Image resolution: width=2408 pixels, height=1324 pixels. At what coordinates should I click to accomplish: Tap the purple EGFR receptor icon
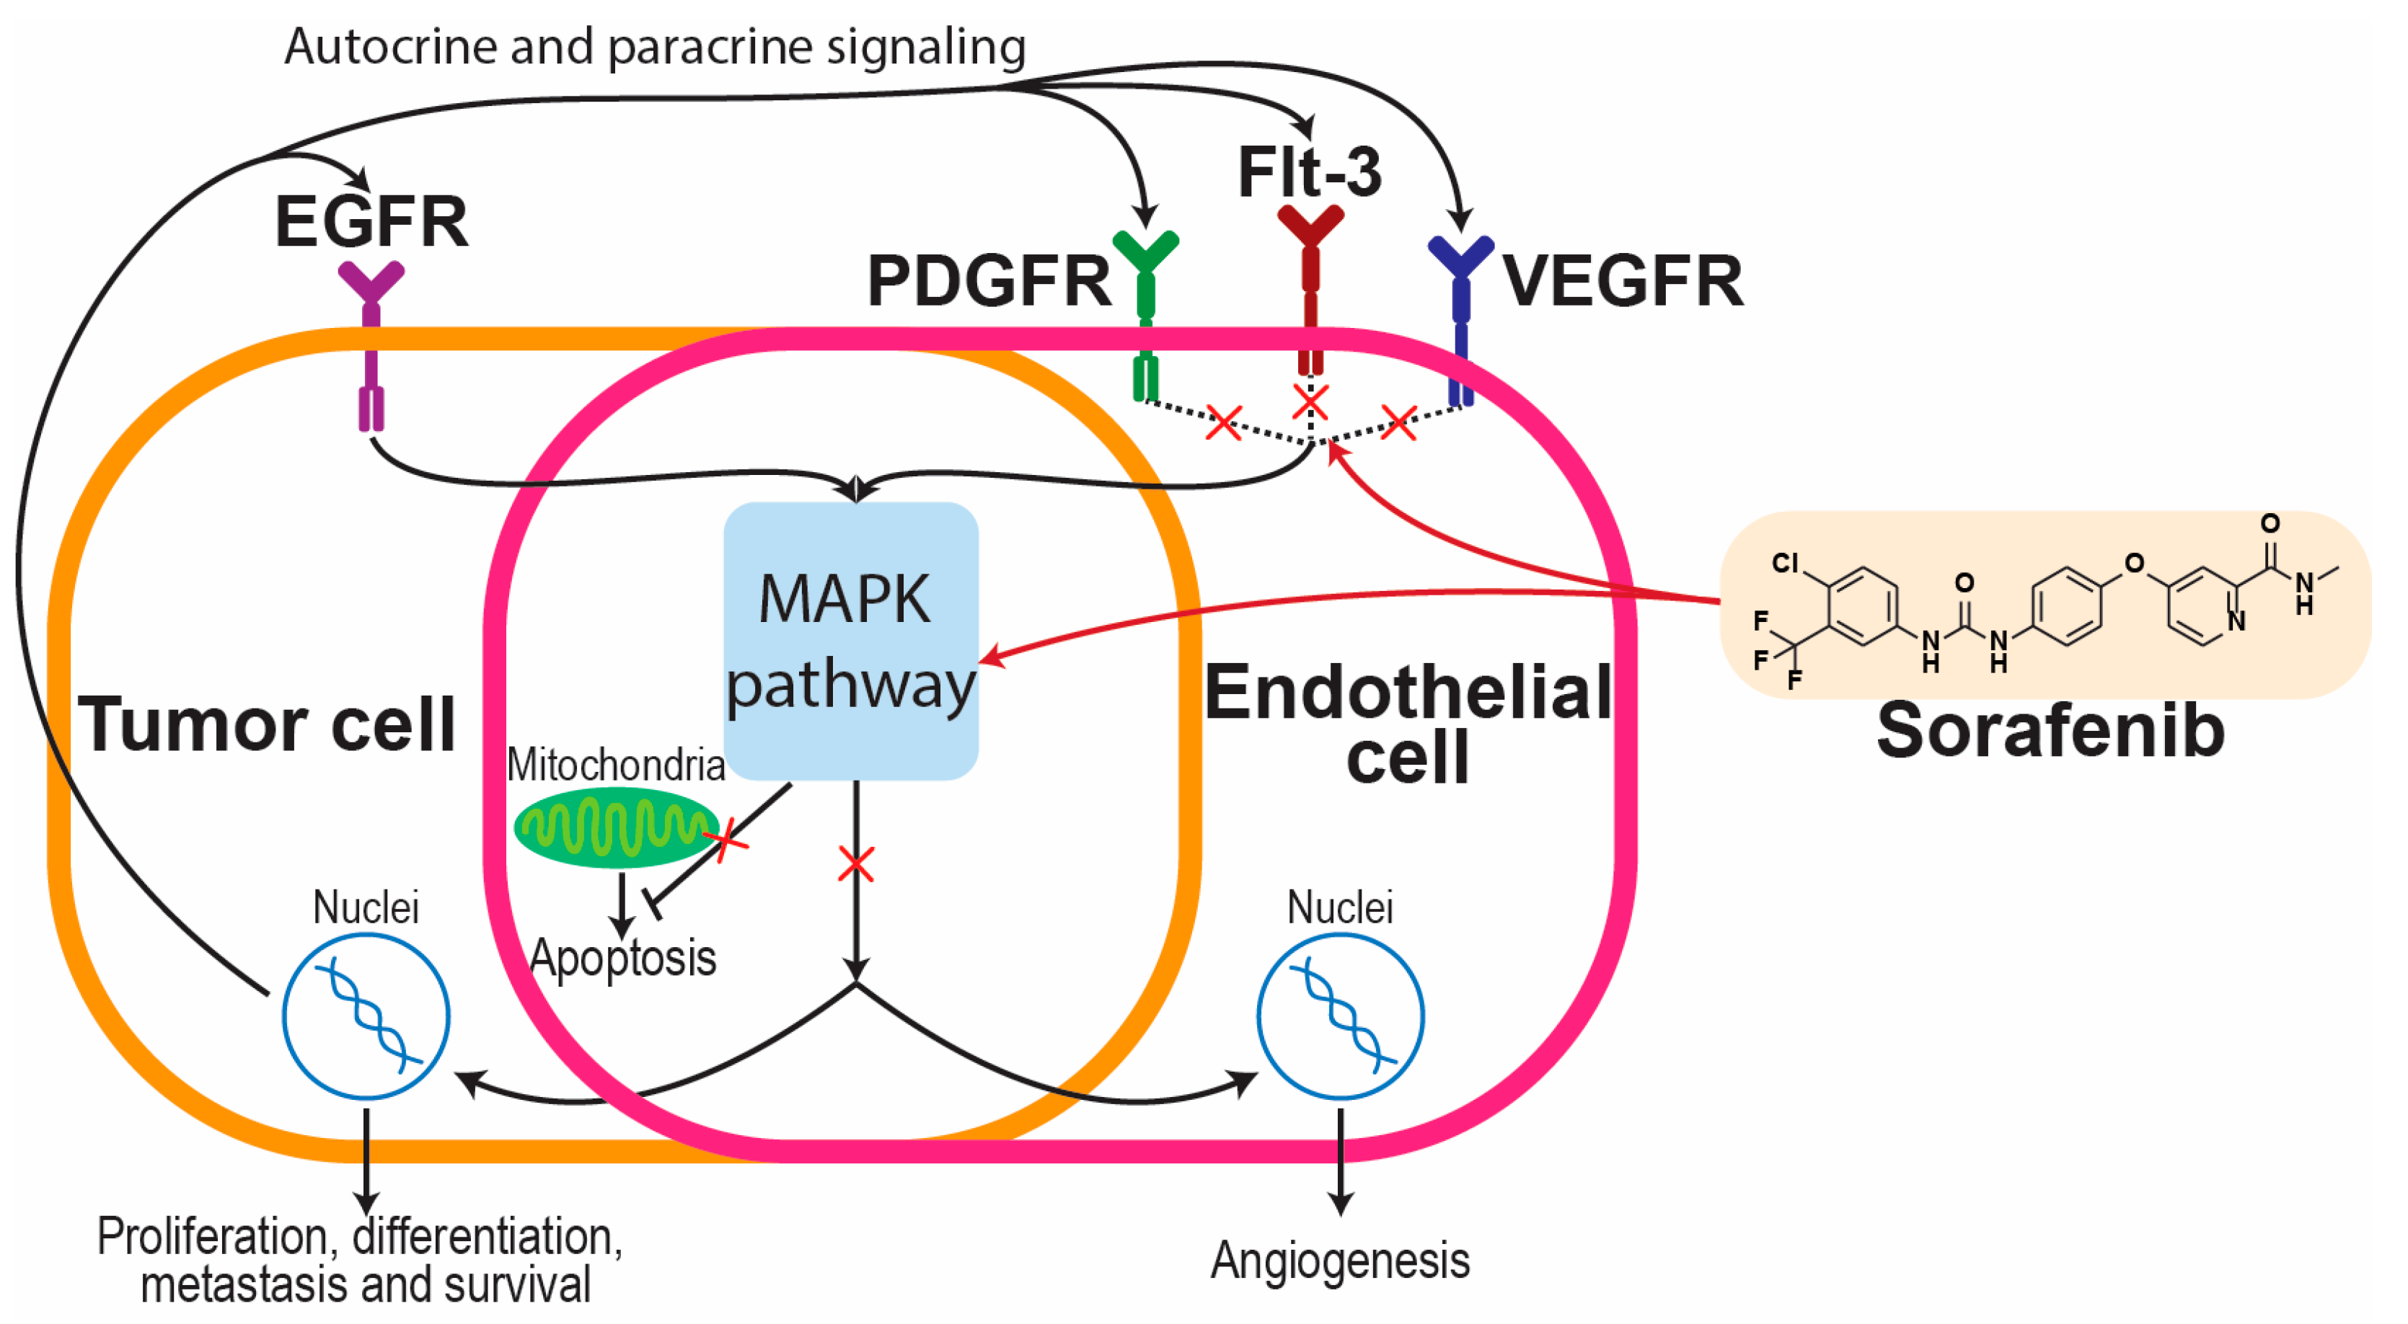371,346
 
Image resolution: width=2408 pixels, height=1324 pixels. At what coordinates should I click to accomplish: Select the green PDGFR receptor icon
1146,316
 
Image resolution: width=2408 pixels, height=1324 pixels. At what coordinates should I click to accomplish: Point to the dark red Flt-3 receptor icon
1310,290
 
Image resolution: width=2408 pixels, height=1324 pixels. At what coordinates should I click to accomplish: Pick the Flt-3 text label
1310,172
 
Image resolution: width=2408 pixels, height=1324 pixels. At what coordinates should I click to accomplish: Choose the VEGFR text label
1623,280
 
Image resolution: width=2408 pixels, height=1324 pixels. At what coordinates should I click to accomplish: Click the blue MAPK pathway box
852,641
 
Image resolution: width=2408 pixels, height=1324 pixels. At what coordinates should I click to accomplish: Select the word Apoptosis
622,958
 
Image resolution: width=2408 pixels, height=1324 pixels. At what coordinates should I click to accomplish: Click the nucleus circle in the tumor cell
366,1016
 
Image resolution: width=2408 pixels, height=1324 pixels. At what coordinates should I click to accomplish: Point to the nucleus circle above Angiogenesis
1341,1016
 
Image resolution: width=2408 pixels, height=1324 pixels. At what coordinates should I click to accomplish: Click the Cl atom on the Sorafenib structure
1786,562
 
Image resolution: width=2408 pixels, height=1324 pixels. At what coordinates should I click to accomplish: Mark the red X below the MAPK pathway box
856,864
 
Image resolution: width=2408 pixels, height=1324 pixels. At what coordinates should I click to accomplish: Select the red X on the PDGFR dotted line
1225,422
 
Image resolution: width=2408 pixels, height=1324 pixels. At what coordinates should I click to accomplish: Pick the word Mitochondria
616,765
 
